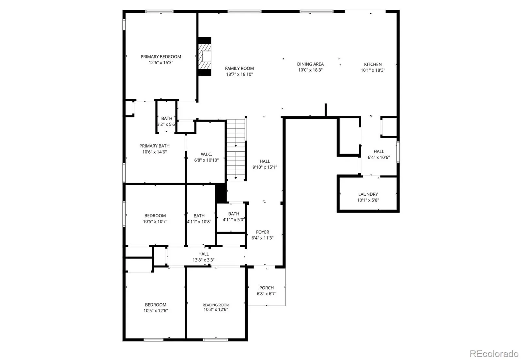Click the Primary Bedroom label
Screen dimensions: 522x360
coord(161,57)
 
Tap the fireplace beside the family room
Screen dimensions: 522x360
coord(205,56)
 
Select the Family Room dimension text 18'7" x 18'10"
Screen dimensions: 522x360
coord(239,74)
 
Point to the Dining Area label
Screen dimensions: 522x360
coord(310,64)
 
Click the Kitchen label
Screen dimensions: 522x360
coord(373,64)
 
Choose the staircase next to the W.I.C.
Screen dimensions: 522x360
coord(236,149)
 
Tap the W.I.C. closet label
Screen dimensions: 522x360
coord(206,154)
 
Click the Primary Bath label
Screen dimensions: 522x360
coord(154,146)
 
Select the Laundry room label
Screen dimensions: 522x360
coord(368,194)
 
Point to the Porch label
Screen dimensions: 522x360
coord(266,288)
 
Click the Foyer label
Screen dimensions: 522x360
coord(262,232)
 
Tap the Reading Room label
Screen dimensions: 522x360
coord(216,305)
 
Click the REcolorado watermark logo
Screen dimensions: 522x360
coord(494,354)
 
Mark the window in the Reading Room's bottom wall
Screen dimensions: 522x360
coord(216,340)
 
